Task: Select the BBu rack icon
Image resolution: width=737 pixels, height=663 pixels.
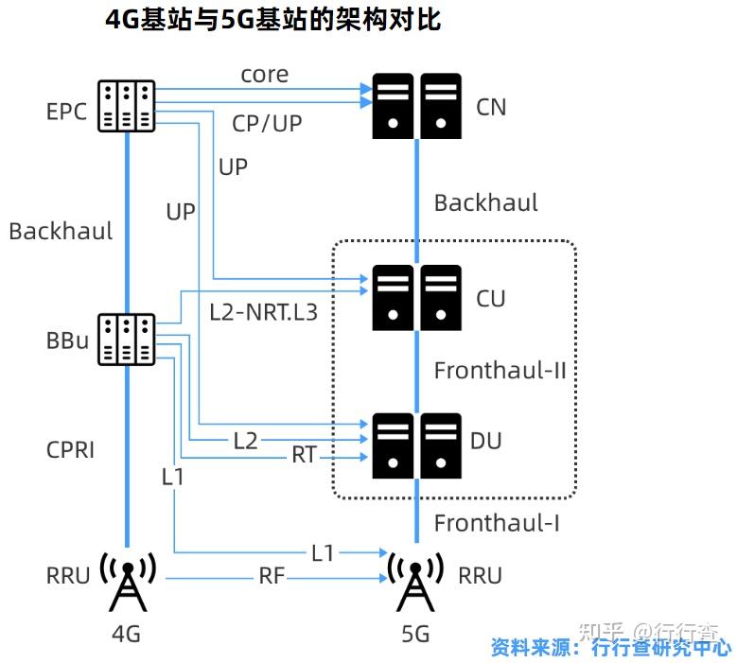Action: (127, 340)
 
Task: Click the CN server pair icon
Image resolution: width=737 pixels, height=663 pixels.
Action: (416, 105)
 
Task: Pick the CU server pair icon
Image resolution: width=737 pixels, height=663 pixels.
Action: (416, 297)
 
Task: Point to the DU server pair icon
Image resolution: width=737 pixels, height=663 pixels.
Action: (416, 443)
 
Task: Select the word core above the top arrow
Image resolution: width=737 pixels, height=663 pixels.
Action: (264, 74)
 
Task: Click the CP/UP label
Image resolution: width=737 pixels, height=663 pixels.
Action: (267, 123)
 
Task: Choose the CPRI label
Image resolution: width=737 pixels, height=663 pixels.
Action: (71, 449)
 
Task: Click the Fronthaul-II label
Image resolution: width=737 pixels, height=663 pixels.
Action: (500, 370)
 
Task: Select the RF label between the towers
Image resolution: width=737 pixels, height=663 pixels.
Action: (272, 575)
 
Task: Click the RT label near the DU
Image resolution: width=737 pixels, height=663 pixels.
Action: (304, 456)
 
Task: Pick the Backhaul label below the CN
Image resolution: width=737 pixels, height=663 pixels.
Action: (485, 202)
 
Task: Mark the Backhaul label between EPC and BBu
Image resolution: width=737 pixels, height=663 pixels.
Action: (61, 231)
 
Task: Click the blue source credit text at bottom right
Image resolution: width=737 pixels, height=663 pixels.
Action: (610, 648)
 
